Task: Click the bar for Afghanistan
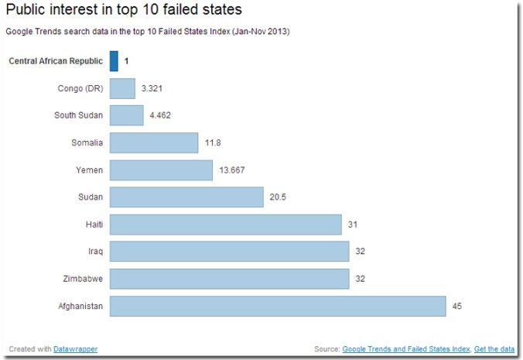click(x=278, y=306)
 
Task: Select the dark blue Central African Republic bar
click(x=114, y=60)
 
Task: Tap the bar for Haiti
click(x=225, y=225)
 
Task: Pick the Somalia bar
click(x=154, y=142)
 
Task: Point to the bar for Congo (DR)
click(x=122, y=87)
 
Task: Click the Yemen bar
click(x=161, y=170)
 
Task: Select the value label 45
click(x=456, y=306)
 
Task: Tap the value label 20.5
click(x=278, y=197)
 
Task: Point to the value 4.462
click(x=161, y=115)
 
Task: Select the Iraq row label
click(x=96, y=252)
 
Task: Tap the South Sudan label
click(x=78, y=115)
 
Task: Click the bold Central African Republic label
click(x=55, y=60)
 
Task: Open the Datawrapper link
click(x=75, y=349)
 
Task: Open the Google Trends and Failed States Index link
click(x=405, y=349)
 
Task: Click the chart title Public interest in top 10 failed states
click(x=124, y=11)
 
